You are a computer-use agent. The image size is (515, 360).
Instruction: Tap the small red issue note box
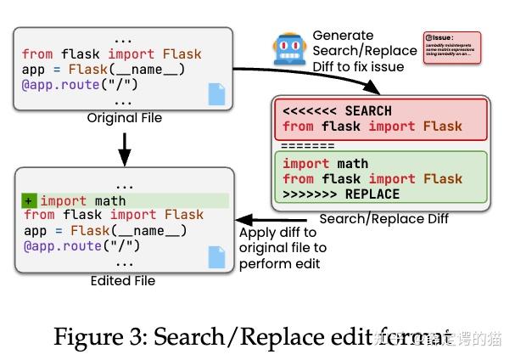[451, 48]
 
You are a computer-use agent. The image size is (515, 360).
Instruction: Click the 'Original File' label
[124, 118]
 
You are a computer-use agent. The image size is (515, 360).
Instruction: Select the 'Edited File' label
[123, 281]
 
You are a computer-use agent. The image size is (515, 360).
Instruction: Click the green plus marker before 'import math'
[29, 200]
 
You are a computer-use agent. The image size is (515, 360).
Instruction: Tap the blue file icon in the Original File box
[217, 94]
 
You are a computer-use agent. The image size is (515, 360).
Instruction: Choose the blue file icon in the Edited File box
[217, 256]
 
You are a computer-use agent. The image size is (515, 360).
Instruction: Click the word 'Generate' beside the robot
[343, 36]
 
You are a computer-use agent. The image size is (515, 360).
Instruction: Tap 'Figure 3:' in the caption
[94, 336]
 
